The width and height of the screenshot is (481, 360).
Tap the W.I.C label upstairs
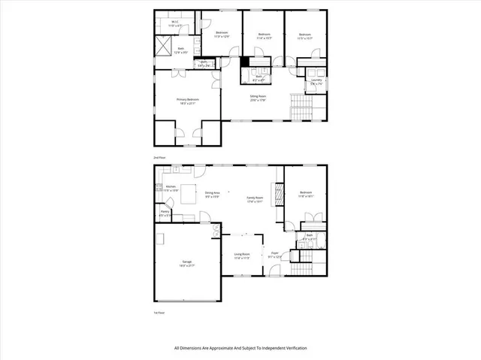pyautogui.click(x=174, y=24)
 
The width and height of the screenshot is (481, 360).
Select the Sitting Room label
pyautogui.click(x=258, y=98)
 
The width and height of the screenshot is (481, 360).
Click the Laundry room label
pyautogui.click(x=316, y=81)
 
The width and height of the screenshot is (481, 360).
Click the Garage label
pyautogui.click(x=186, y=263)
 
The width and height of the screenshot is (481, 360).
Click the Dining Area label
pyautogui.click(x=212, y=195)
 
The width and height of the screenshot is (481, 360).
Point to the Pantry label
pyautogui.click(x=165, y=213)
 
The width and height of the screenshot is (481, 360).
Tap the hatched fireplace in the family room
pyautogui.click(x=279, y=195)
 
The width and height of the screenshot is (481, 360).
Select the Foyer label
pyautogui.click(x=275, y=254)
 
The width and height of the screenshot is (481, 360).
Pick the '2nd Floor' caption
pyautogui.click(x=159, y=157)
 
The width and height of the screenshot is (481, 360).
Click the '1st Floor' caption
pyautogui.click(x=159, y=312)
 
